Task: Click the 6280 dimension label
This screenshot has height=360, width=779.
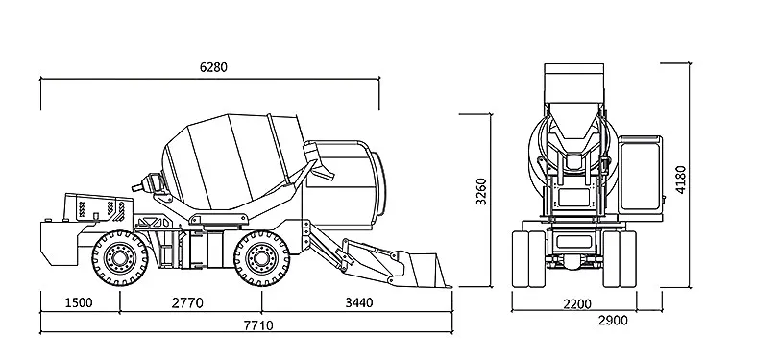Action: (x=213, y=67)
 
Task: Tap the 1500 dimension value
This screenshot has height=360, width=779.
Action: (x=79, y=302)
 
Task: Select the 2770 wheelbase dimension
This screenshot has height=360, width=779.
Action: (x=187, y=302)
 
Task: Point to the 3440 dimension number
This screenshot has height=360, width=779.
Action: (x=359, y=302)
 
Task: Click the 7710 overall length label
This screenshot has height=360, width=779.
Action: (x=258, y=325)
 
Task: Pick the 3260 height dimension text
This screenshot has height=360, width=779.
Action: (x=481, y=191)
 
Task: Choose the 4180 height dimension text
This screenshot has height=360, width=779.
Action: (x=680, y=180)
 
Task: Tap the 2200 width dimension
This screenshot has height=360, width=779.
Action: (x=577, y=304)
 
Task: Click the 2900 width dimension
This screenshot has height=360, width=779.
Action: (x=613, y=321)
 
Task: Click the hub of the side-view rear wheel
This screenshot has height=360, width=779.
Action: (x=120, y=257)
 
